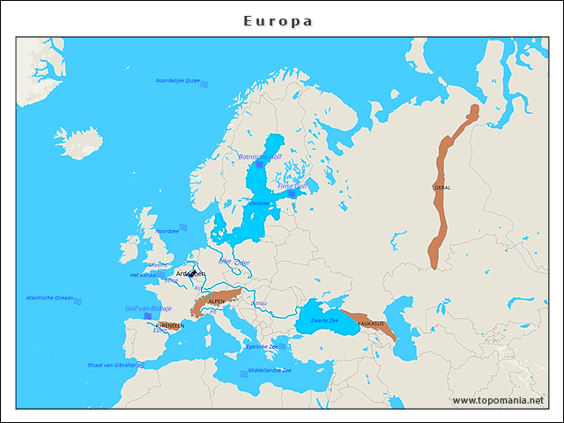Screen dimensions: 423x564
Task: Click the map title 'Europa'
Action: click(278, 21)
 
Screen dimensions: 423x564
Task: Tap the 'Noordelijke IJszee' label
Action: click(178, 81)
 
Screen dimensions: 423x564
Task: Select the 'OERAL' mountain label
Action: click(442, 188)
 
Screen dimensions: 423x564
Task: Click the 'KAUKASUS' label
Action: click(371, 323)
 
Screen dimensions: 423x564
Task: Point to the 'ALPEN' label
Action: click(216, 301)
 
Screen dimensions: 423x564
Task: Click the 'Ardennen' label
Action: click(190, 274)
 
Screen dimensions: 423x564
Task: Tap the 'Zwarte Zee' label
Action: click(324, 320)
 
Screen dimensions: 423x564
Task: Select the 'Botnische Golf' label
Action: click(260, 157)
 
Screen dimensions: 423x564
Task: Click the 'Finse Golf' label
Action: click(292, 187)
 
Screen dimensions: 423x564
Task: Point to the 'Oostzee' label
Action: click(259, 203)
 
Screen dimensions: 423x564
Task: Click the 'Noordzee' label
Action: click(167, 231)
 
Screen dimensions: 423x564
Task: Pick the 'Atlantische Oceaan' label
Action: click(50, 298)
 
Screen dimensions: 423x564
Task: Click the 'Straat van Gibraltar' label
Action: click(112, 365)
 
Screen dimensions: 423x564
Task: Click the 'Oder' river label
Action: click(242, 263)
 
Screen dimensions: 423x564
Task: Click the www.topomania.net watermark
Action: click(498, 400)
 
